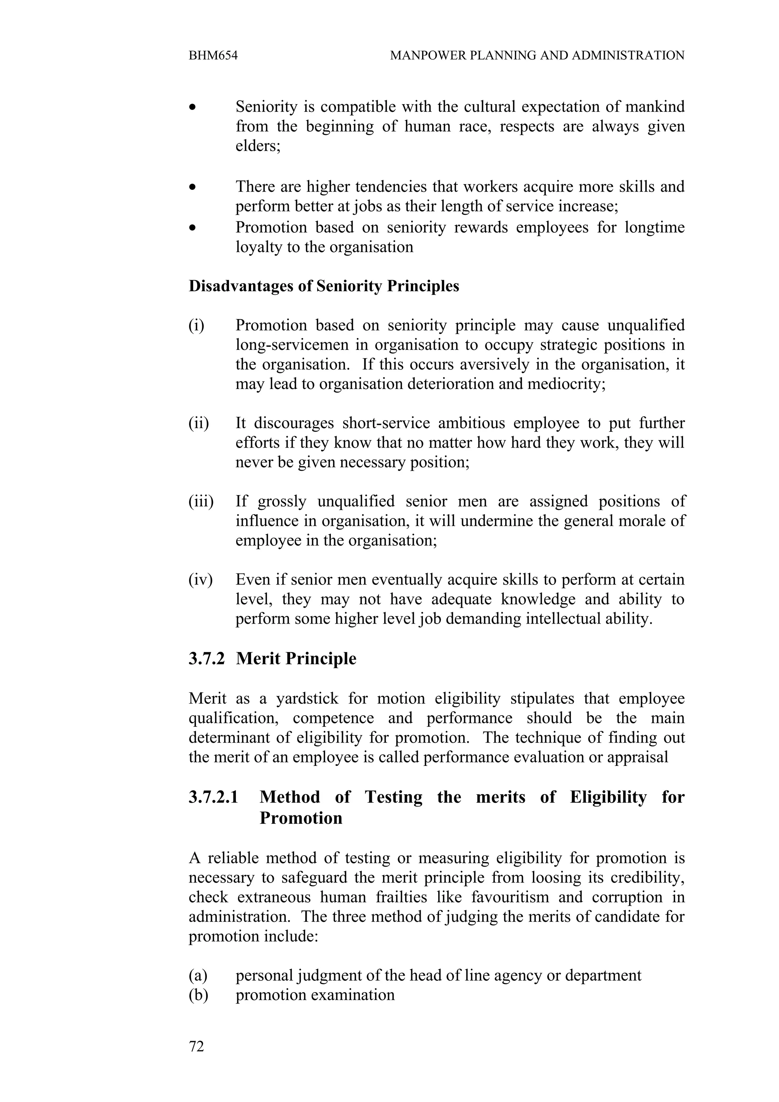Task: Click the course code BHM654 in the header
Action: [x=213, y=56]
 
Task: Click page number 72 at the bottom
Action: [x=196, y=1046]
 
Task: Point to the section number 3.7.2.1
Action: [x=214, y=797]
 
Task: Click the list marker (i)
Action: [x=196, y=326]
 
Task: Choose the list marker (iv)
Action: [x=200, y=580]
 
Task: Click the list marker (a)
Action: [x=198, y=975]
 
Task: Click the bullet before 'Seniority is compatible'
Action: [x=192, y=107]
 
